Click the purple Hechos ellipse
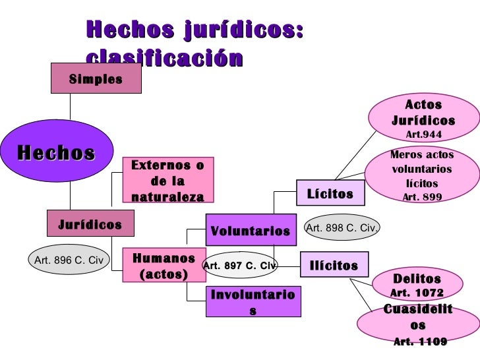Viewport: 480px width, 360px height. click(x=56, y=154)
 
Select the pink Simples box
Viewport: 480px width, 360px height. click(x=96, y=79)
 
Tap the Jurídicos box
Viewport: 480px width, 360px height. click(x=90, y=224)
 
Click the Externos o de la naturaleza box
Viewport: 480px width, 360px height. click(x=168, y=181)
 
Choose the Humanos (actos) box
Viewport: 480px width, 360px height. click(x=164, y=265)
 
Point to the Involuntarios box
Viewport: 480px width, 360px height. click(x=253, y=303)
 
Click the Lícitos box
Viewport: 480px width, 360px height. click(x=330, y=195)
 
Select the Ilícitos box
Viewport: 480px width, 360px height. click(x=334, y=266)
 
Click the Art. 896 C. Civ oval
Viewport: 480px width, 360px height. click(x=67, y=260)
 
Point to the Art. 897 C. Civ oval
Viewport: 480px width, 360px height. click(x=239, y=266)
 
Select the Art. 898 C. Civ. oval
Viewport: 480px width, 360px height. click(x=342, y=228)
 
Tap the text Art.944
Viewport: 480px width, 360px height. click(x=423, y=135)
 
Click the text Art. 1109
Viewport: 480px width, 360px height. click(x=420, y=342)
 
